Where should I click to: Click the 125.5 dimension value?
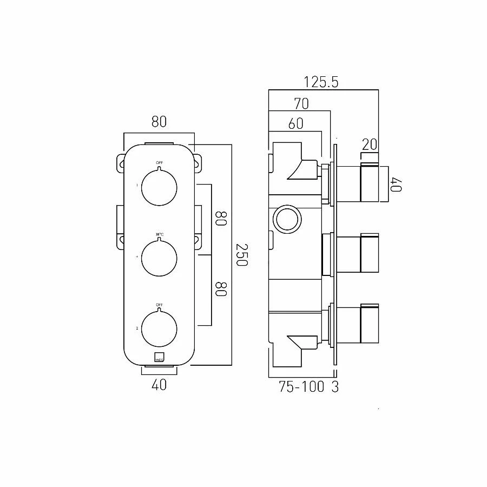(x=321, y=82)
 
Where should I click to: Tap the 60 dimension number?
(x=295, y=124)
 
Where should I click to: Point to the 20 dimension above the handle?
(x=369, y=144)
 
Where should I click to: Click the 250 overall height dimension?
(x=241, y=254)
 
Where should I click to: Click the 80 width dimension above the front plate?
(x=159, y=122)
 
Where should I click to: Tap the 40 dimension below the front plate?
(x=159, y=385)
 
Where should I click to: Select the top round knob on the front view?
(x=159, y=187)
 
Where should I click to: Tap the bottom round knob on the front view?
(x=159, y=328)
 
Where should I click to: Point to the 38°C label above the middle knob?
(x=159, y=234)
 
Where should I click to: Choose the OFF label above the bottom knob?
(x=159, y=305)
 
